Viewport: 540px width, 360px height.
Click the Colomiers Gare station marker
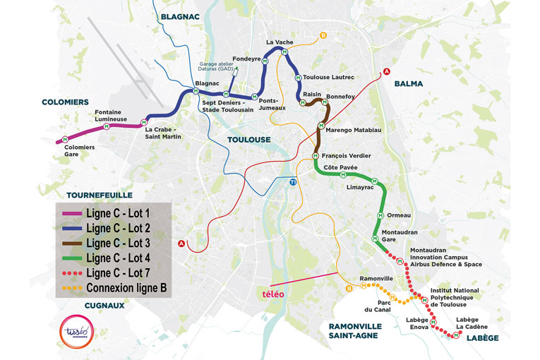coord(65,138)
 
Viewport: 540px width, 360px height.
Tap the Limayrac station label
coord(360,188)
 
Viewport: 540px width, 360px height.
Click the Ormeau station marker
coord(380,215)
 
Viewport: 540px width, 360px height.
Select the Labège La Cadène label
coord(472,323)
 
